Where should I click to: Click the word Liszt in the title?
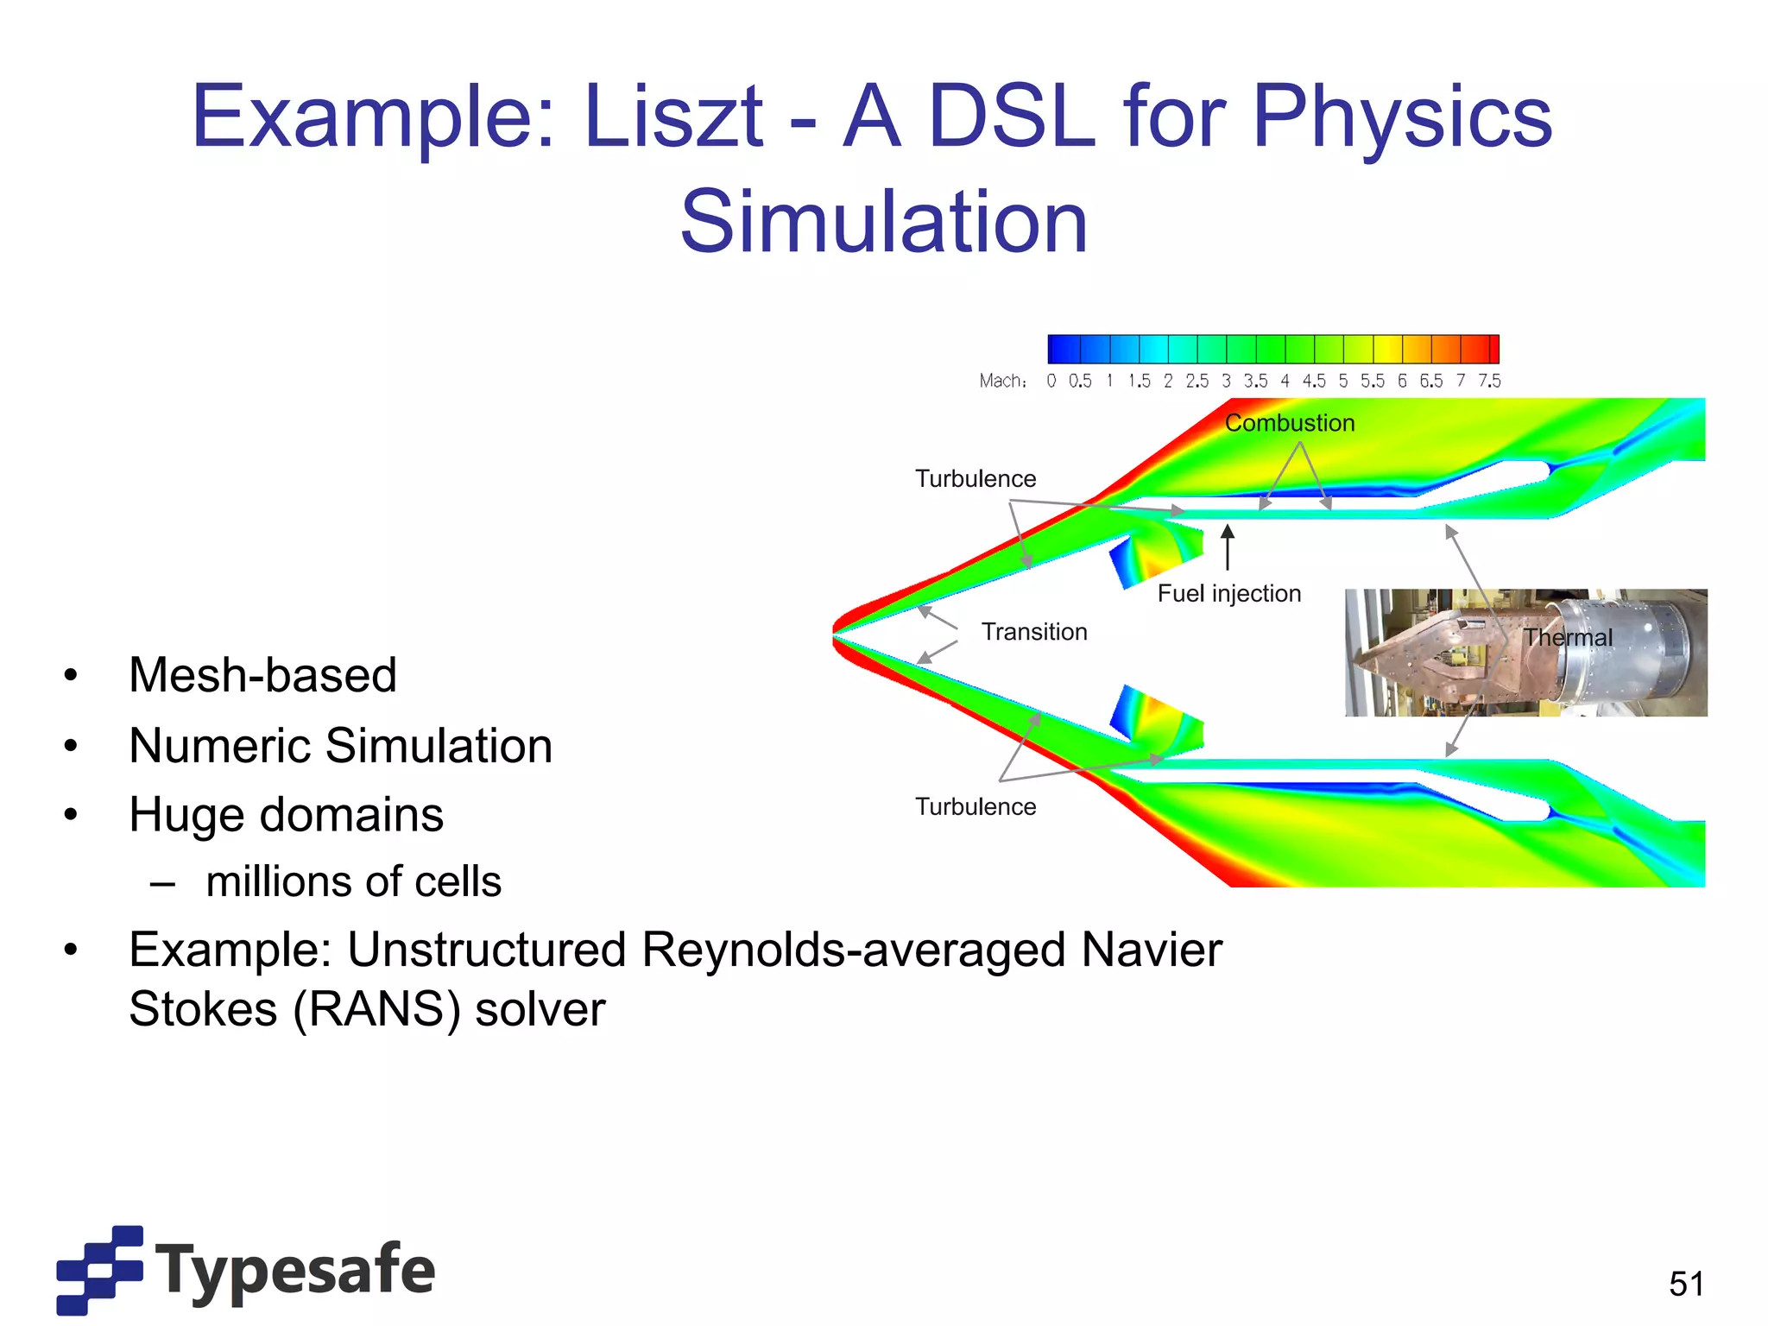[x=672, y=117]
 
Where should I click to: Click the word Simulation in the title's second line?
[x=883, y=223]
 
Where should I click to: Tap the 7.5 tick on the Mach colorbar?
[x=1489, y=381]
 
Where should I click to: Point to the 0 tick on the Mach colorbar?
[x=1051, y=381]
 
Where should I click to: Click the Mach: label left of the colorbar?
[x=1002, y=381]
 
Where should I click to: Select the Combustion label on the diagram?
[x=1290, y=423]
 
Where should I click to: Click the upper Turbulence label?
[x=976, y=478]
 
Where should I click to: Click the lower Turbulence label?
[x=976, y=806]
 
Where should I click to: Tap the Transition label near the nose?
[x=1034, y=632]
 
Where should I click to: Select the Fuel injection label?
[x=1228, y=594]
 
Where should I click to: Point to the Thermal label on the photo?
[x=1568, y=637]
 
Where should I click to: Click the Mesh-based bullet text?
[x=262, y=675]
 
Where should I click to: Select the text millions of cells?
[x=353, y=881]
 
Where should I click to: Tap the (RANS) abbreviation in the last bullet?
[x=377, y=1009]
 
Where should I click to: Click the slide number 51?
[x=1686, y=1284]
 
